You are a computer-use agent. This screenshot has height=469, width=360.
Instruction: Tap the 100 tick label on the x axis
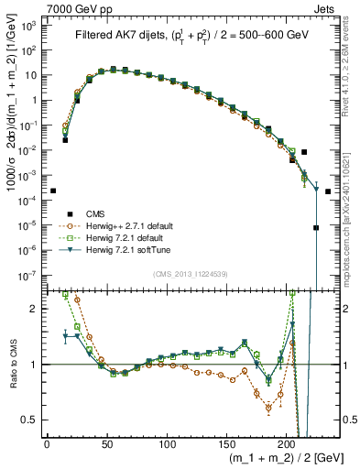(x=167, y=444)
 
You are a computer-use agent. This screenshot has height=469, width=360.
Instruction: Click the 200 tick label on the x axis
(x=287, y=444)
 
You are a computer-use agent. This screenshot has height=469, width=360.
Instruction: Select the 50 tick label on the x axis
(x=106, y=444)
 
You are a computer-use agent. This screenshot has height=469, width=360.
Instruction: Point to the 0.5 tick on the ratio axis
(x=30, y=420)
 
